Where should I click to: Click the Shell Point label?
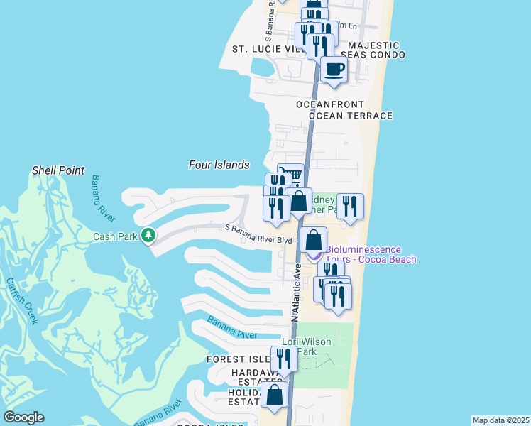(58, 170)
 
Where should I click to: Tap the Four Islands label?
(219, 165)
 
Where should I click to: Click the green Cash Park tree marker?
(148, 234)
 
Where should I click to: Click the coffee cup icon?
(334, 70)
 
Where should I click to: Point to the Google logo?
(23, 417)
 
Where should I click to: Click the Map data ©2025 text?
(500, 420)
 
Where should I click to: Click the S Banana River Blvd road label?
(258, 234)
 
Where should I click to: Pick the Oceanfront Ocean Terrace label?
(344, 110)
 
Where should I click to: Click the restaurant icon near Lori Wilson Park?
(284, 359)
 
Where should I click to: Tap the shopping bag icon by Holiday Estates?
(274, 395)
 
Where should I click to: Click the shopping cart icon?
(291, 175)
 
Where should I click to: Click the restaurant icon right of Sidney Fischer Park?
(350, 206)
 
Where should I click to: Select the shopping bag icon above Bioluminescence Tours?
(313, 240)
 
